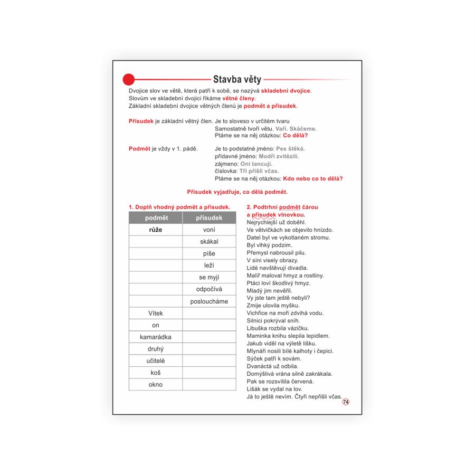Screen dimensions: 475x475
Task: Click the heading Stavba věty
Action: click(x=237, y=80)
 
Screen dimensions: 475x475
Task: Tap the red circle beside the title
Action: click(x=129, y=80)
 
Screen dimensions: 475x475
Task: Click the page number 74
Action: click(x=346, y=402)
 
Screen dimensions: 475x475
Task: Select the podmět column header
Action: click(x=156, y=218)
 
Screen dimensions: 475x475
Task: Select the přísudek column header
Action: click(x=209, y=218)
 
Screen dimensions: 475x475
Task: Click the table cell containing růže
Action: click(x=156, y=230)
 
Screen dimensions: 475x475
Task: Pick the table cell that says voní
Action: click(x=209, y=230)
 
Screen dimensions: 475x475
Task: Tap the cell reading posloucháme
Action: click(x=209, y=301)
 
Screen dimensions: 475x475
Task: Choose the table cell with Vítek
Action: click(x=156, y=313)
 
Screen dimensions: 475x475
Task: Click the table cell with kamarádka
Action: click(x=156, y=337)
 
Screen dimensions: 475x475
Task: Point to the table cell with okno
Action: click(x=156, y=385)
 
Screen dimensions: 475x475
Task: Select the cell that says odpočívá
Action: click(x=209, y=289)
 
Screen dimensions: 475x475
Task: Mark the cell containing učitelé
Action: click(x=156, y=361)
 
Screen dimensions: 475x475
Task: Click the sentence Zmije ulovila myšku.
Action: click(x=273, y=306)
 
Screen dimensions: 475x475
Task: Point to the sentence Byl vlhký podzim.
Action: click(x=269, y=245)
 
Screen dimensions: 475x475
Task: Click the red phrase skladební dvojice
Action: click(x=286, y=91)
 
